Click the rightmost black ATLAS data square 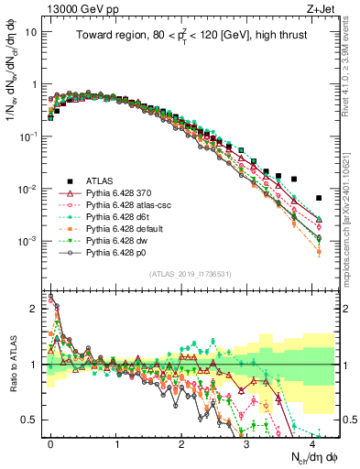point(319,198)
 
